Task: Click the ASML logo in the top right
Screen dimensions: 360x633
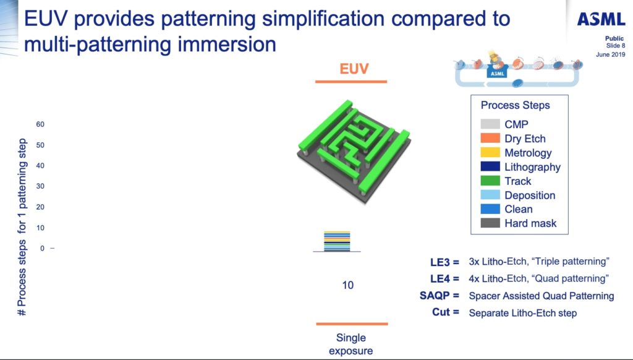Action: [x=600, y=20]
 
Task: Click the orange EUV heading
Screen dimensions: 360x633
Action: [x=354, y=69]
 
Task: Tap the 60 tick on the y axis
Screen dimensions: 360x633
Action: [x=40, y=124]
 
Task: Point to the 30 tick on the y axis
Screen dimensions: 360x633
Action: [x=40, y=186]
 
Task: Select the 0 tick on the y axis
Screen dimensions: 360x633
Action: [x=42, y=248]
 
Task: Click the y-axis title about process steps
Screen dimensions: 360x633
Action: [x=22, y=226]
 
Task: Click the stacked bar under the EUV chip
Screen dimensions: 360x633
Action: [x=337, y=242]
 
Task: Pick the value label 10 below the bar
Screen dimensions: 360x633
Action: [x=347, y=286]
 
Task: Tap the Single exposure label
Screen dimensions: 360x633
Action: [x=351, y=345]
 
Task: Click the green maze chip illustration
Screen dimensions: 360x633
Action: [x=352, y=152]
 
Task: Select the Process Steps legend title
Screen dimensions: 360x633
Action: [x=515, y=105]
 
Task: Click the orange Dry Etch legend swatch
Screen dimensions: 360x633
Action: [x=490, y=139]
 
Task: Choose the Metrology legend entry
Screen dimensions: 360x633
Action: [x=527, y=153]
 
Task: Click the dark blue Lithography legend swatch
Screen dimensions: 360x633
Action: [x=490, y=167]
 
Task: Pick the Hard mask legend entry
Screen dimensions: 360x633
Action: [x=530, y=223]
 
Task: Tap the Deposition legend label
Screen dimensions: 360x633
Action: [x=530, y=195]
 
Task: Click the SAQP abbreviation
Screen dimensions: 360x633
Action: [x=439, y=296]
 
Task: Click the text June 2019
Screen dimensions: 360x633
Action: [x=611, y=54]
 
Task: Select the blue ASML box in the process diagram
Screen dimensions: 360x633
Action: [x=498, y=72]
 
